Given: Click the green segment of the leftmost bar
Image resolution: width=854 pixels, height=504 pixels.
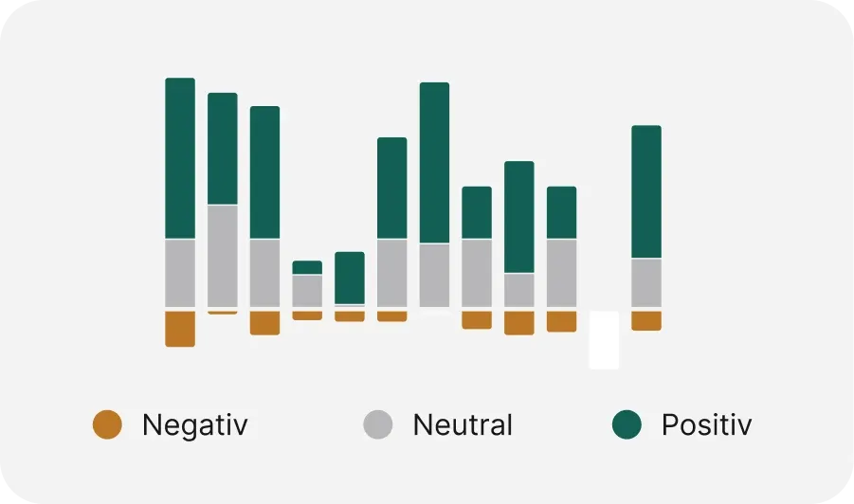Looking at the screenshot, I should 180,158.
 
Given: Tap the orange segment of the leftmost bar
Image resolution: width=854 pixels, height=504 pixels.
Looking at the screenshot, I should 180,329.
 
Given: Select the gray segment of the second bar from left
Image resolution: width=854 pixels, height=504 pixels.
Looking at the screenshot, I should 223,255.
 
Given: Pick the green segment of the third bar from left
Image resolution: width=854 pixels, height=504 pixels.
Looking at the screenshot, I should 264,172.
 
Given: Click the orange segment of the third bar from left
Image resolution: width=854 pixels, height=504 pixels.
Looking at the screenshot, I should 264,323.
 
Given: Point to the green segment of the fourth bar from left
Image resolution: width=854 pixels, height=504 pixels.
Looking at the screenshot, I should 307,267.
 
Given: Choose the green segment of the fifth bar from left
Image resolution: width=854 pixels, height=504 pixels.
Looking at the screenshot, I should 350,278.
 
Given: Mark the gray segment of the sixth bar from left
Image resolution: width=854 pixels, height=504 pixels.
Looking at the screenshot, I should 391,273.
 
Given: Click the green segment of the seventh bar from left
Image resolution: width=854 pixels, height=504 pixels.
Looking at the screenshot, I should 434,163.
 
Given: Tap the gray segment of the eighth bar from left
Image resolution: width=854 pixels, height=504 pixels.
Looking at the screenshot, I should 477,273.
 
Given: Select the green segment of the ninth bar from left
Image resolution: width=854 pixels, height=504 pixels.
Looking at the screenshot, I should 519,217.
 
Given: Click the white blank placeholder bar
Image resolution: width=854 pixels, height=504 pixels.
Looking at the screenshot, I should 604,339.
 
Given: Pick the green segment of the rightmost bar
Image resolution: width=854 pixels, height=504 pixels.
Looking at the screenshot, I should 646,191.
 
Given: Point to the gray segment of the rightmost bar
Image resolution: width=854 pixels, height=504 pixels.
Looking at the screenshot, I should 646,282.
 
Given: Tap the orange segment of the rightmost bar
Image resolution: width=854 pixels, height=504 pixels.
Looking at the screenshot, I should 646,320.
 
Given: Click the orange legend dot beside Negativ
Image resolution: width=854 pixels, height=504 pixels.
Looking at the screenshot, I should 107,424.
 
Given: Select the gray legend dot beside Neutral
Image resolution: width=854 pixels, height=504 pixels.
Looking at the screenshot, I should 378,424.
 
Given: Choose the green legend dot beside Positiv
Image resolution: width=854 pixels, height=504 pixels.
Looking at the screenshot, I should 627,424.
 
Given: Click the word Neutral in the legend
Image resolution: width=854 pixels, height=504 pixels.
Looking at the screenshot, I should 463,425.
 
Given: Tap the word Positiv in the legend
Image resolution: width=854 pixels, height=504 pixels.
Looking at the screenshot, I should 706,425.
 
